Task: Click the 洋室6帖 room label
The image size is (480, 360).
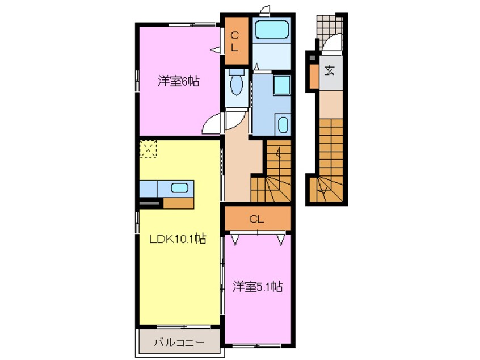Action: (178, 81)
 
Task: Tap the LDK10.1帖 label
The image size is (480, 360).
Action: (177, 240)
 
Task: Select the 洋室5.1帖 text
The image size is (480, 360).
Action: (257, 287)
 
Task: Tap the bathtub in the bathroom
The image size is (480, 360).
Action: (271, 30)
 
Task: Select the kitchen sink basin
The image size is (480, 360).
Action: (180, 188)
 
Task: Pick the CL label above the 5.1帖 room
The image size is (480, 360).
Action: (256, 218)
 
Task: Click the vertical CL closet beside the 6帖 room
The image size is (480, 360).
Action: (234, 41)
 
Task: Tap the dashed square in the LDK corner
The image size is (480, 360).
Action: (148, 149)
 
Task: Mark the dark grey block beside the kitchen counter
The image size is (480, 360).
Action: (150, 202)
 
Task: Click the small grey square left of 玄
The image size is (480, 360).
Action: (311, 58)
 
